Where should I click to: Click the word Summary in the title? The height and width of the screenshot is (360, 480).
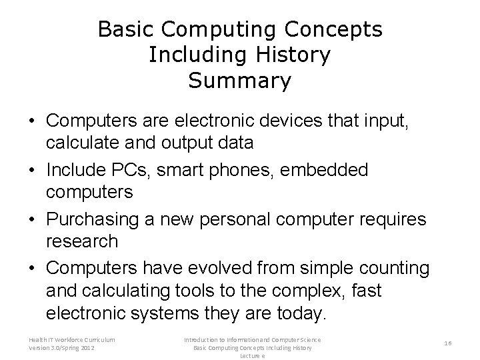point(240,81)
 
